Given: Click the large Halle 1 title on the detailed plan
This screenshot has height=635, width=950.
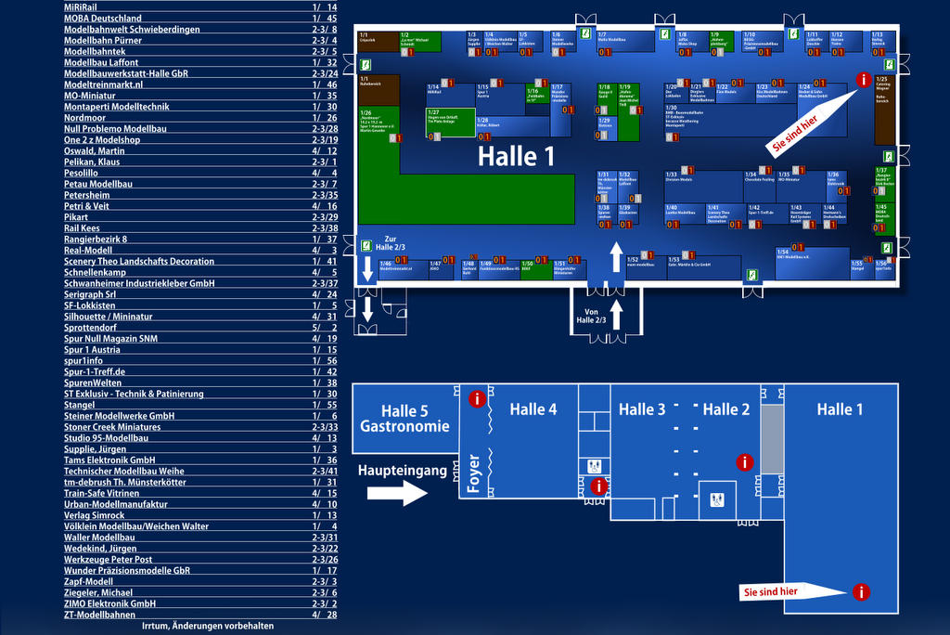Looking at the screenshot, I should (516, 156).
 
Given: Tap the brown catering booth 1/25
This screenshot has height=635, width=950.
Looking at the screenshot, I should (884, 111).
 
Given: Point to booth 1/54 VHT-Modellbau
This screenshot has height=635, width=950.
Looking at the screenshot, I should (812, 263).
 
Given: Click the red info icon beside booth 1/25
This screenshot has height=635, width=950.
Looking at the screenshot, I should (865, 81).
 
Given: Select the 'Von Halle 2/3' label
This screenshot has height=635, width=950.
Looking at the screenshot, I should (591, 316).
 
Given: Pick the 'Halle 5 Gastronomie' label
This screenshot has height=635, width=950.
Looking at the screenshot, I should (404, 419).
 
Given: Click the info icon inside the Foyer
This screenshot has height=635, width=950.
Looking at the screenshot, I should (598, 486).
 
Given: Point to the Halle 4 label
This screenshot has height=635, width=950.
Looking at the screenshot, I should (533, 409).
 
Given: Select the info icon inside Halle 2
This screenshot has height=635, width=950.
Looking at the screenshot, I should (744, 462).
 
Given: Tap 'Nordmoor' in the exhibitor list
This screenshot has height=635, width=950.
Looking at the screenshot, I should (85, 118).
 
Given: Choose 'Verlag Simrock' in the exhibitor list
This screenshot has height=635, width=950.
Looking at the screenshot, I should (94, 515).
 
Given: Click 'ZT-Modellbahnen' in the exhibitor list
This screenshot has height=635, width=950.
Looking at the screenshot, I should (99, 615).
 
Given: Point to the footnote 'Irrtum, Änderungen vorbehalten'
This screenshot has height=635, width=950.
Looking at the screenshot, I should (208, 627).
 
